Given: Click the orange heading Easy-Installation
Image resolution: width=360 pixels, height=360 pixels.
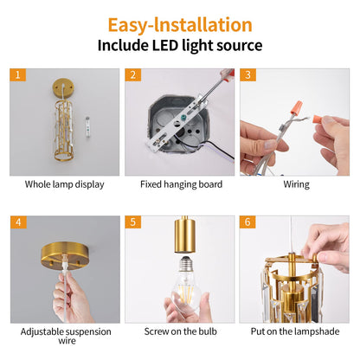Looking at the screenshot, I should click(x=180, y=24).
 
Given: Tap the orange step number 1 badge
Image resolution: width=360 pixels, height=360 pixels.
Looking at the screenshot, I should click(x=18, y=75).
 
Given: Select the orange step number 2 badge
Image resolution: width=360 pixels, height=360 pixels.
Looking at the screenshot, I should click(x=132, y=75).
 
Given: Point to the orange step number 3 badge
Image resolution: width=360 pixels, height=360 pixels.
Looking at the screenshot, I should click(x=247, y=75).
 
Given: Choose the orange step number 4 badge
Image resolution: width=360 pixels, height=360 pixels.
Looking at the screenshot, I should click(x=18, y=222).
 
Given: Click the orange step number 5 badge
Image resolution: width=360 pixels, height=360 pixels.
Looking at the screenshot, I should click(x=132, y=222).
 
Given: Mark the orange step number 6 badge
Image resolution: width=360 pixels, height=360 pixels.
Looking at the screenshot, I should click(x=247, y=222).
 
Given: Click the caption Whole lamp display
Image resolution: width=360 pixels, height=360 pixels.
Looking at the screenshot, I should click(x=64, y=184).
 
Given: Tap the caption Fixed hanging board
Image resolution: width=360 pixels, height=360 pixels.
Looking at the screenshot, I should click(x=180, y=184).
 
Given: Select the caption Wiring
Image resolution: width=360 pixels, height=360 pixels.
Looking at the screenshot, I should click(x=295, y=184).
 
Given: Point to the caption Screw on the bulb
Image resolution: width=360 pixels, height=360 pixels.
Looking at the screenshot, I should click(x=180, y=331).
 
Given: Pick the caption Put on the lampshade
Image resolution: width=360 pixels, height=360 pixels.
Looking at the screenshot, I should click(x=295, y=331).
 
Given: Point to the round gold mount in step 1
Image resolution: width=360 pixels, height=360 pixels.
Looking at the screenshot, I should click(x=60, y=90).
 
